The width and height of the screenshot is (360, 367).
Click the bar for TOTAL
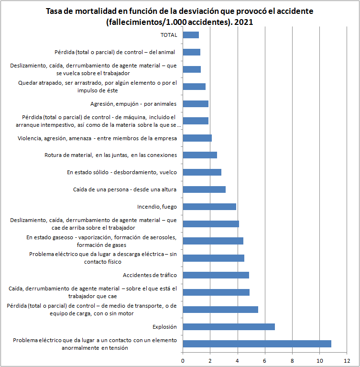pos(191,35)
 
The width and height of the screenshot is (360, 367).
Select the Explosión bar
pos(229,327)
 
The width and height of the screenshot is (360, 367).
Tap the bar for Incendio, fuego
pos(209,207)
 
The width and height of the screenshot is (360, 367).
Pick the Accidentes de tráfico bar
pos(216,275)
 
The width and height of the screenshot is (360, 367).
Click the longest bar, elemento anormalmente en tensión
pos(257,344)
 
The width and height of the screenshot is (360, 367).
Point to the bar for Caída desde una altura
pos(204,189)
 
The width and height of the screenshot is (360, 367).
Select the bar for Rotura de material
pos(200,155)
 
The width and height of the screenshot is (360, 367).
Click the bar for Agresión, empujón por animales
pos(196,104)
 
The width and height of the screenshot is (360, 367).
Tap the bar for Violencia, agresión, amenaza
pos(197,138)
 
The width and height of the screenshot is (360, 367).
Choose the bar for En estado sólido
pos(202,172)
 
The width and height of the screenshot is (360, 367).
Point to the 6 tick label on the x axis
pos(264,361)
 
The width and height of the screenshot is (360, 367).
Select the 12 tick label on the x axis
pos(347,361)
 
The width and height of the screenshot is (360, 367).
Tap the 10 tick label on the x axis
pos(319,361)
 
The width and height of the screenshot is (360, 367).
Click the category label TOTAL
pos(169,35)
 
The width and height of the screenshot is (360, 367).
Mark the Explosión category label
pos(164,327)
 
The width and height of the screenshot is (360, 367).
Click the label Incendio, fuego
pos(157,207)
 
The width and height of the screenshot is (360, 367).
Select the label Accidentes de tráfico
pos(150,275)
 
